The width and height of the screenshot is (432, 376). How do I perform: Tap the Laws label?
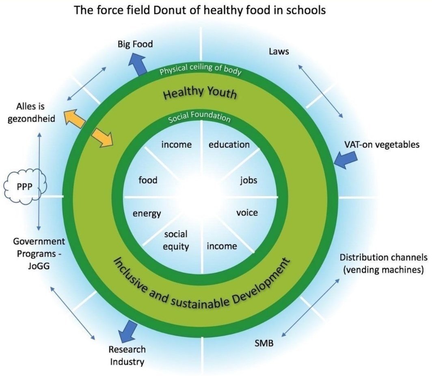279,52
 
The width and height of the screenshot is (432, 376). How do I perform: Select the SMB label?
264,343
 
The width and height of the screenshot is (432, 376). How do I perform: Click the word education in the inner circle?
229,144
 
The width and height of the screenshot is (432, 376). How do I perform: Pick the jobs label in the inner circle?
248,180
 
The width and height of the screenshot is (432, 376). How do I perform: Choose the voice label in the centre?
247,212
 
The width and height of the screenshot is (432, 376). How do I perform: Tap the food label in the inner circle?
148,180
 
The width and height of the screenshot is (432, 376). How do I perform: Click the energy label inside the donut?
147,213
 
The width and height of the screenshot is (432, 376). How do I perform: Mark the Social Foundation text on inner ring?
199,118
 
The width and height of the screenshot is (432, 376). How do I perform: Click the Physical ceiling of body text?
201,70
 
